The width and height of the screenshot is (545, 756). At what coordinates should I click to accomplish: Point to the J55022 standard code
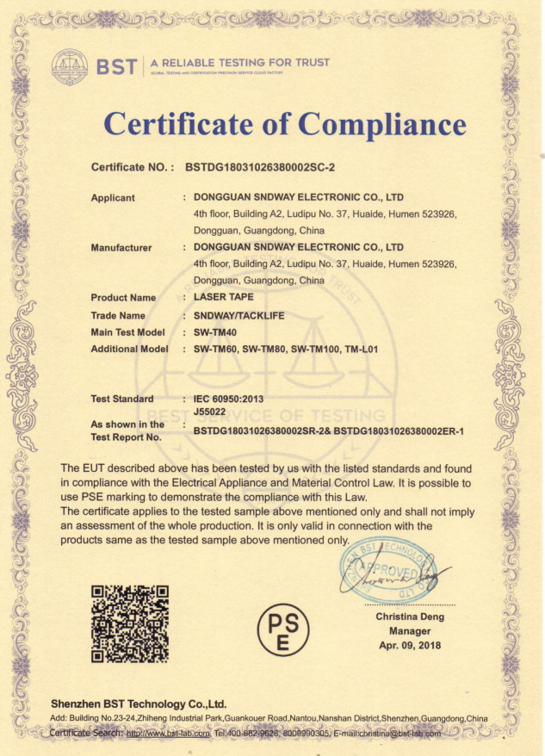(209, 412)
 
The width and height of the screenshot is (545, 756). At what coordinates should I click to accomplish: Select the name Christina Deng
(409, 617)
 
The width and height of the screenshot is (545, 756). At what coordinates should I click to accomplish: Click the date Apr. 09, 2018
(410, 646)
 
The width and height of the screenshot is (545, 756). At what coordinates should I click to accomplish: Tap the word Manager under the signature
(409, 631)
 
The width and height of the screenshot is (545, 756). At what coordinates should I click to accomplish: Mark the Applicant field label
(113, 198)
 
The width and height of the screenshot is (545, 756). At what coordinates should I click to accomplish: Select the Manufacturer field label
(121, 248)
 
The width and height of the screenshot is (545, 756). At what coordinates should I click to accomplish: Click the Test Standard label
(122, 399)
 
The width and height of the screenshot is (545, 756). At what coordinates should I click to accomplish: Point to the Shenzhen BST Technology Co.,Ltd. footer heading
(138, 703)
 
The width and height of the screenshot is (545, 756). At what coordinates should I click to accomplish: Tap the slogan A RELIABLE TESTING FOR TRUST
(240, 62)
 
